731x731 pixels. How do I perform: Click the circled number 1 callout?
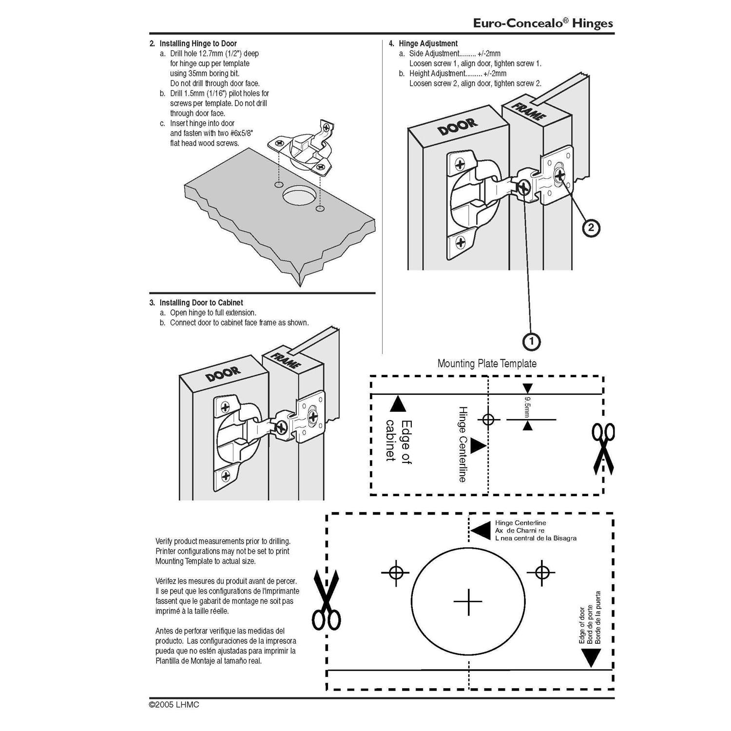coord(531,341)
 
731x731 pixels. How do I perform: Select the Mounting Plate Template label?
coord(487,364)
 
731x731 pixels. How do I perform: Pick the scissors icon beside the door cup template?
coord(326,600)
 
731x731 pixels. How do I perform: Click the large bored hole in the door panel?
coord(298,198)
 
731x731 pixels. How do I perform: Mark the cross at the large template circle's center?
coord(468,602)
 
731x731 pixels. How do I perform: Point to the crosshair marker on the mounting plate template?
coord(488,419)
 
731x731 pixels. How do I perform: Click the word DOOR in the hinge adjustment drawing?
coord(458,127)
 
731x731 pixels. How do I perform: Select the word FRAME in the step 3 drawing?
coord(286,361)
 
